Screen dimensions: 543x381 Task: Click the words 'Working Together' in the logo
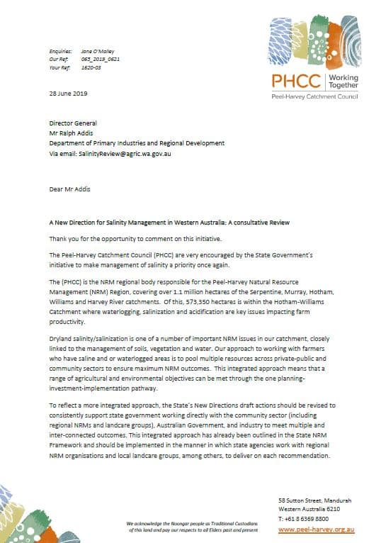(x=343, y=81)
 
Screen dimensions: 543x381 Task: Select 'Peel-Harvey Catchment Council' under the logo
(x=316, y=96)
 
